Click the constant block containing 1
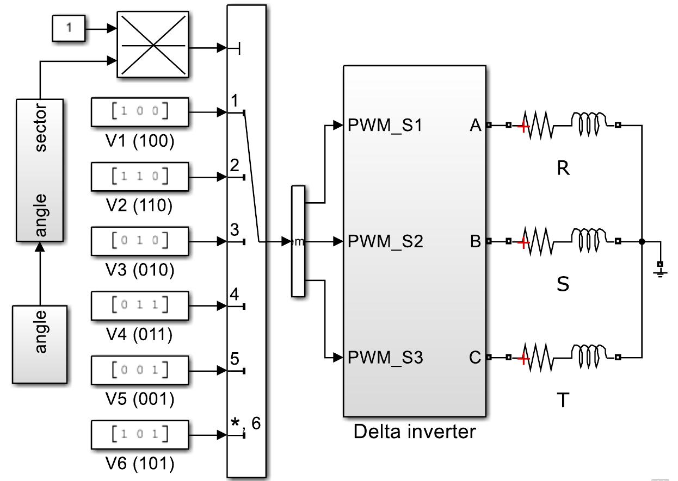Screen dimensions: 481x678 tap(69, 28)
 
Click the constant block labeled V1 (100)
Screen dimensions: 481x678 tap(139, 113)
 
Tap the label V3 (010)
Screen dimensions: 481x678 tap(139, 270)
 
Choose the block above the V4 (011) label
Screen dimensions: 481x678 tap(139, 305)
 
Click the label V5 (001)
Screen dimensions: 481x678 tap(139, 399)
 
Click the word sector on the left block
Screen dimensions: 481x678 tap(41, 128)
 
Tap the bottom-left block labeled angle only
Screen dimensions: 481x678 tap(40, 345)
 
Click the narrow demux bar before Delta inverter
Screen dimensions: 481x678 tap(298, 241)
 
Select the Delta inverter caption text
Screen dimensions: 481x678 tap(415, 432)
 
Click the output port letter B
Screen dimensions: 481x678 tap(475, 241)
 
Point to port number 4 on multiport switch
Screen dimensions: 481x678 tap(235, 295)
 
